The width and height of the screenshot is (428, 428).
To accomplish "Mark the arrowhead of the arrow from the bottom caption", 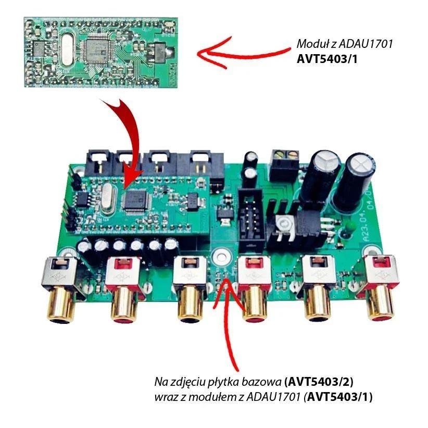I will [227, 280].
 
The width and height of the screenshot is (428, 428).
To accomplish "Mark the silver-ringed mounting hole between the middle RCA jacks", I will [221, 256].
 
